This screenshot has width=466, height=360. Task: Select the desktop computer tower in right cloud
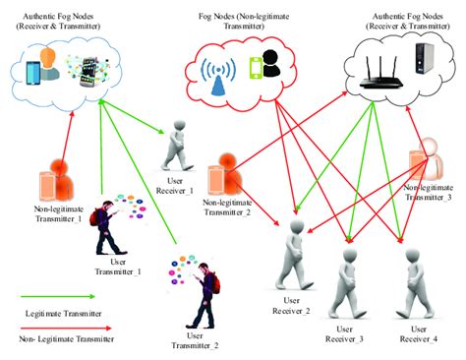click(425, 60)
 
